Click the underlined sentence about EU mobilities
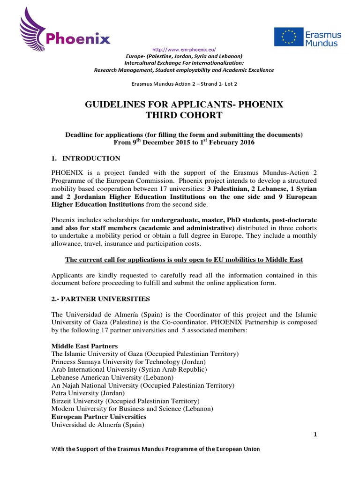(184, 259)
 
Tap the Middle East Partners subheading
(84, 346)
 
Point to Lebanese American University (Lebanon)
(112, 377)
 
